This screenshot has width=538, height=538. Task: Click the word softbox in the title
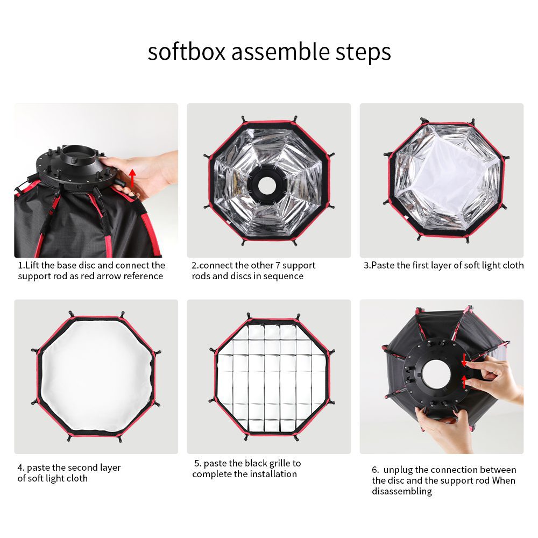186,52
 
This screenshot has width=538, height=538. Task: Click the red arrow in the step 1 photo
132,178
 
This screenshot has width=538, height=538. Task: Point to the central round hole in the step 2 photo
267,186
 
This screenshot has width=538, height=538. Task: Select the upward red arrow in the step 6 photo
464,381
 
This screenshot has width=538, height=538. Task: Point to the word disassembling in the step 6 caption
402,491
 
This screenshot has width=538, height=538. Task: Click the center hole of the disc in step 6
436,373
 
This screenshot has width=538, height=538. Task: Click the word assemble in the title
280,52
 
